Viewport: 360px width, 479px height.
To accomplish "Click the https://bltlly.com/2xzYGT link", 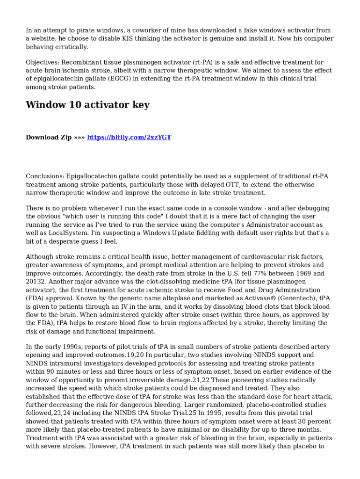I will [129, 137].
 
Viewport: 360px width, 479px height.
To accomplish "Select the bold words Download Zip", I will [49, 137].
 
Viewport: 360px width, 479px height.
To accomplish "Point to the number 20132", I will [36, 282].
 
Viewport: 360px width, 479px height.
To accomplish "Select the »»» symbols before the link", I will [79, 137].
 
